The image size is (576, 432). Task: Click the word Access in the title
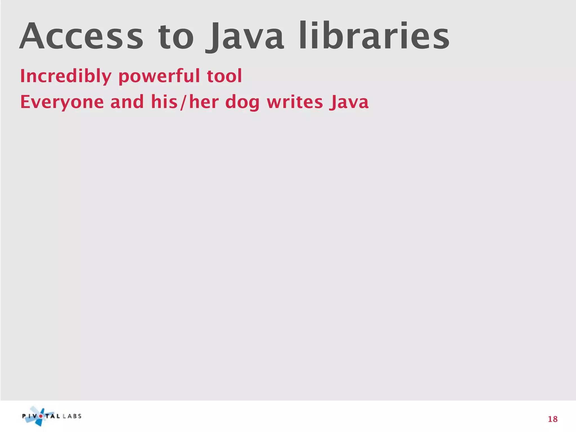click(82, 37)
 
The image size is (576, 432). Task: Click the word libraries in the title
click(374, 37)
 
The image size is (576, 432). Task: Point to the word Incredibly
click(66, 76)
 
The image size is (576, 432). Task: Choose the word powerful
click(159, 76)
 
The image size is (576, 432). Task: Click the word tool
click(224, 76)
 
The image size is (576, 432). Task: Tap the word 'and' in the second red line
click(127, 102)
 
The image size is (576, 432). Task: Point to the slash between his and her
click(183, 102)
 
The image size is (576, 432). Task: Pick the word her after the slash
click(204, 102)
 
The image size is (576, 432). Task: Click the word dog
click(242, 102)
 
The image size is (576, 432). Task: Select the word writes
click(295, 102)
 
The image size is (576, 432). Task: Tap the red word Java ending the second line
click(349, 102)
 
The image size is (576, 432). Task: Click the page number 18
click(553, 419)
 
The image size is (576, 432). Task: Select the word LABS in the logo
click(72, 416)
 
